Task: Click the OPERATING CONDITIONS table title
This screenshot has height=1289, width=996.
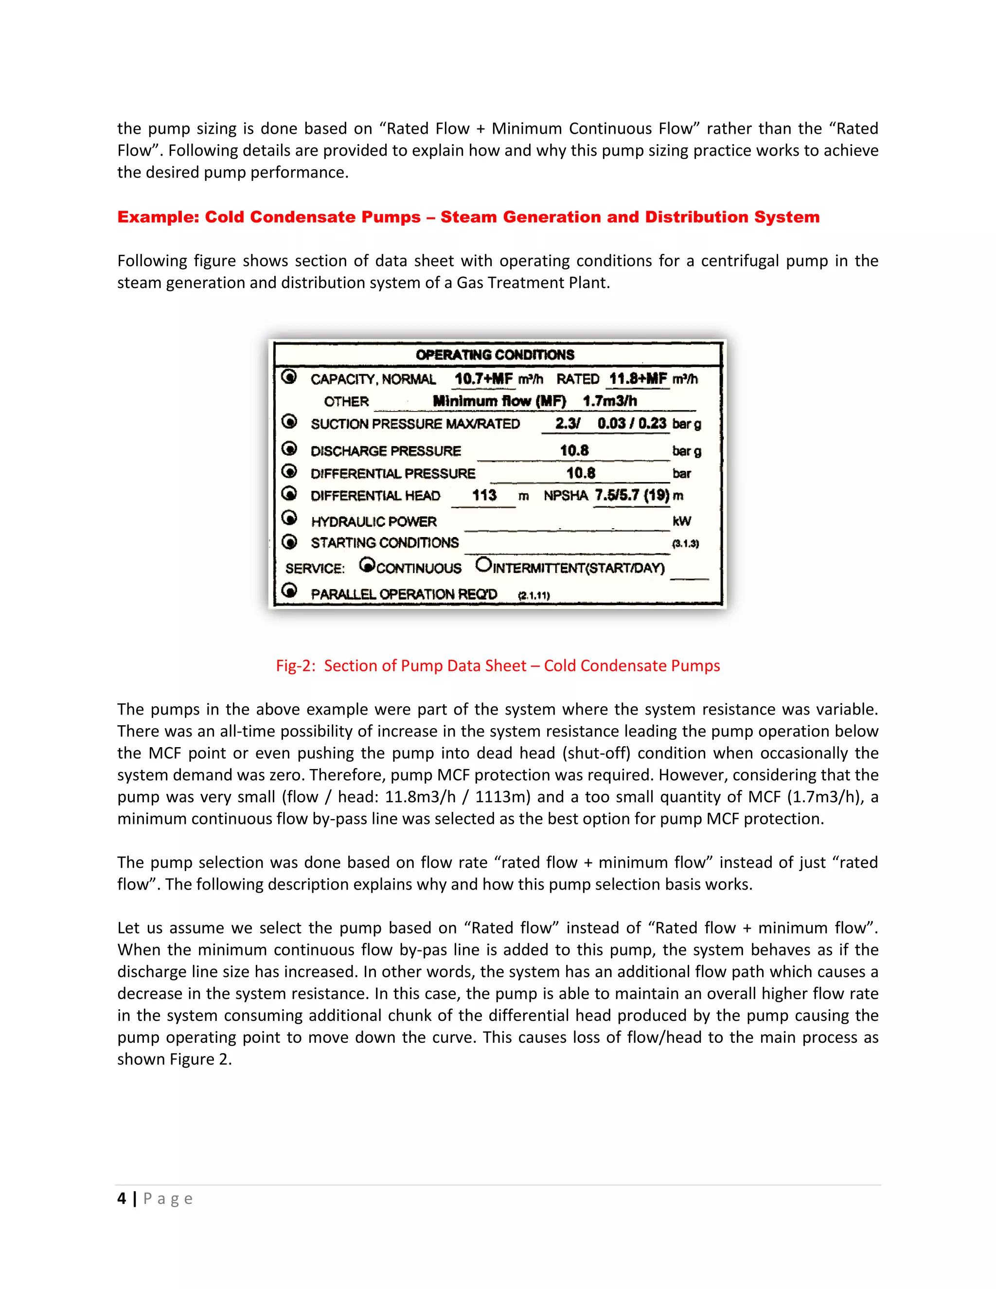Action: pyautogui.click(x=495, y=355)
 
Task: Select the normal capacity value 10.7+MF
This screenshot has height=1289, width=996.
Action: pyautogui.click(x=483, y=379)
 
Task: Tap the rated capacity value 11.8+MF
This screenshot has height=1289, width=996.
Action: pyautogui.click(x=638, y=379)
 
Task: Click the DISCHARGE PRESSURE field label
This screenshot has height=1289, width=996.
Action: pyautogui.click(x=385, y=451)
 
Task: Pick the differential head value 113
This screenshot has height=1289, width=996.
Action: pyautogui.click(x=484, y=495)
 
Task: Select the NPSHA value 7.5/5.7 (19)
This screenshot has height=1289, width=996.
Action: pyautogui.click(x=631, y=495)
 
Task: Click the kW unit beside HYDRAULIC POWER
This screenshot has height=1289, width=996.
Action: pyautogui.click(x=681, y=521)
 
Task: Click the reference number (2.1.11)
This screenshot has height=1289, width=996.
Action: pyautogui.click(x=534, y=595)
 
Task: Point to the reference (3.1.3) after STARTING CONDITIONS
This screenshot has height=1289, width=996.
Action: pyautogui.click(x=685, y=544)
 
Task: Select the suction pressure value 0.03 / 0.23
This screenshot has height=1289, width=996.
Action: pyautogui.click(x=631, y=423)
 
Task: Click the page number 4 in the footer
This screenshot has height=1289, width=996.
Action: pyautogui.click(x=122, y=1199)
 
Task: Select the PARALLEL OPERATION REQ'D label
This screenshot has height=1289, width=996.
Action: pyautogui.click(x=404, y=594)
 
